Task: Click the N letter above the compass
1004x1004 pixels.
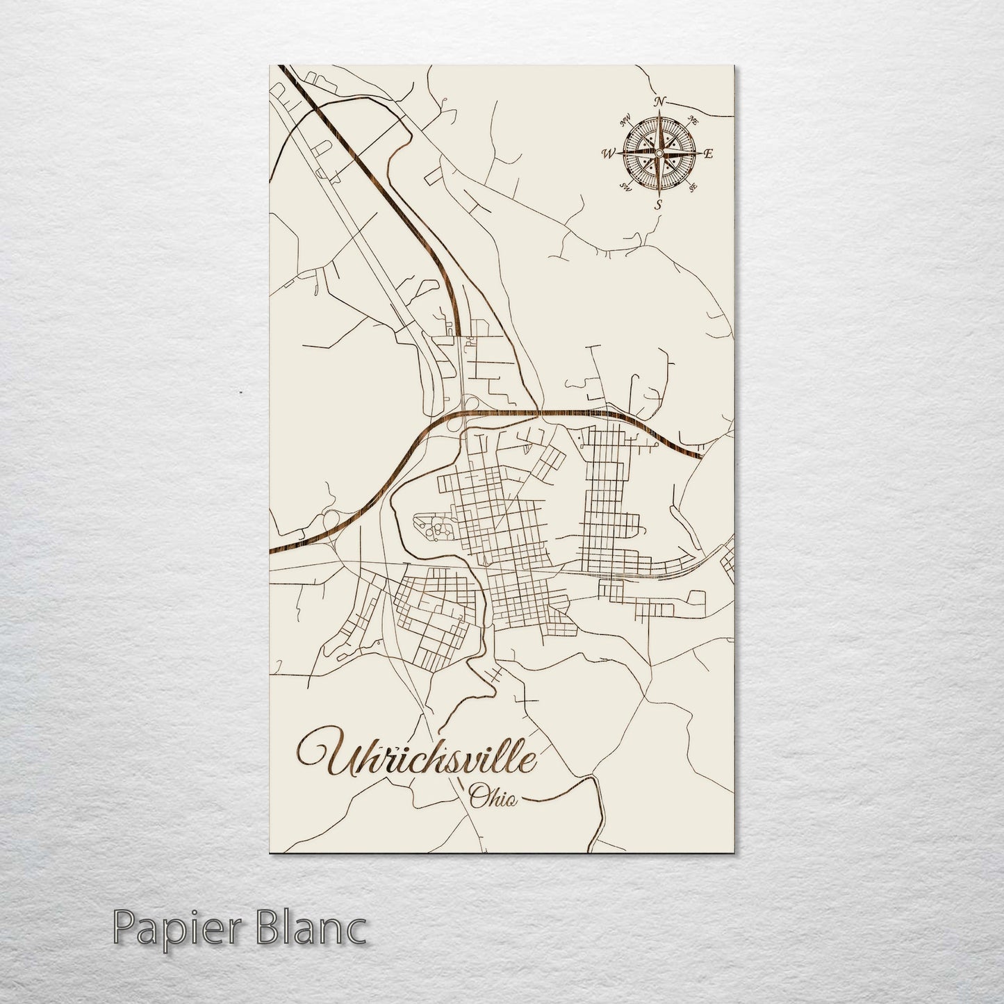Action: [659, 102]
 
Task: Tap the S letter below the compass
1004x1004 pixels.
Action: [659, 204]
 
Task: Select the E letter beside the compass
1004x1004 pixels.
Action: [708, 154]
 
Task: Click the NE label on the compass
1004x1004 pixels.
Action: [692, 120]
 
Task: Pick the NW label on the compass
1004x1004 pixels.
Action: [625, 118]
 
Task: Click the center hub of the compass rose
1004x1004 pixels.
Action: [659, 153]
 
